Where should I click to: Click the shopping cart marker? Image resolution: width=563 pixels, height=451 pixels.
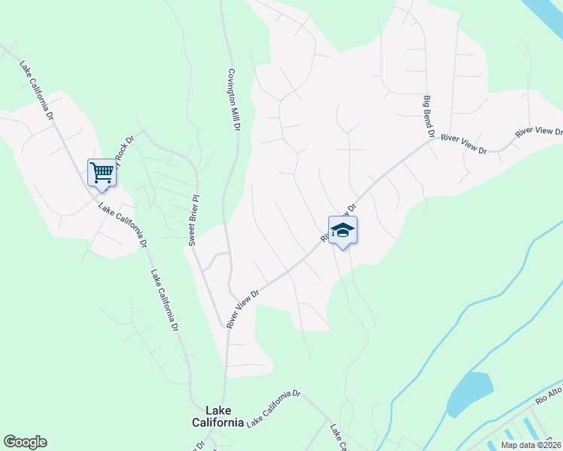coord(102,172)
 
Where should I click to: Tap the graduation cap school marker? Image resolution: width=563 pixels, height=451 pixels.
coord(342,230)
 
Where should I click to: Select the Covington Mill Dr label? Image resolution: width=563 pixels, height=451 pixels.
coord(233,101)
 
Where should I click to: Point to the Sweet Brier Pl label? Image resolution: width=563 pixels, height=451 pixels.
coord(193,220)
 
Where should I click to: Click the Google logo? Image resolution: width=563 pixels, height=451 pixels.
coord(25,442)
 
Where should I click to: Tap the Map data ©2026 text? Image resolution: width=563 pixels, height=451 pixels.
coord(531,445)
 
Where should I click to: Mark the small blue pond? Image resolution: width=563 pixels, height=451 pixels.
coord(470,392)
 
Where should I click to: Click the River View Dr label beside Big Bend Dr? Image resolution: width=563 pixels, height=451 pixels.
coord(464,144)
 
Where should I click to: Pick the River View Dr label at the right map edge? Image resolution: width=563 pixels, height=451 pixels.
coord(539,132)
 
